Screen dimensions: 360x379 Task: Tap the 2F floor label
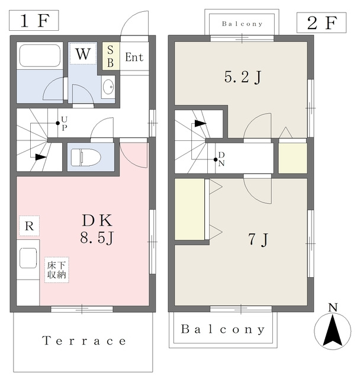(322, 23)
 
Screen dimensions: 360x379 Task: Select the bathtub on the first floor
(40, 55)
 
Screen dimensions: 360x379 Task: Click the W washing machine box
(83, 54)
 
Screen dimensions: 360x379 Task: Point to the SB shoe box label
(110, 56)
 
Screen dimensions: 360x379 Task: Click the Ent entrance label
(134, 57)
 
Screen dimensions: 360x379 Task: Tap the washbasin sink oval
(108, 86)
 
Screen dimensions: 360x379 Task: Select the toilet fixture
(86, 158)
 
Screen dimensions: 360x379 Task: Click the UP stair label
(65, 124)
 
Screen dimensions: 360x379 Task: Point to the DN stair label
(221, 159)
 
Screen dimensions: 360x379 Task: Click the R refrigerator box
(29, 226)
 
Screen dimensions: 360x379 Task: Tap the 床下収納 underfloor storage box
(57, 270)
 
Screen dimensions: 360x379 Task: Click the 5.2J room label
(243, 77)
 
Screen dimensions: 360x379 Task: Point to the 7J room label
(258, 239)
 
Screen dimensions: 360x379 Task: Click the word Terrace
(84, 341)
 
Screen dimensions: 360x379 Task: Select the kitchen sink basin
(28, 258)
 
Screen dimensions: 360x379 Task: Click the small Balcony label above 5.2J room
(242, 24)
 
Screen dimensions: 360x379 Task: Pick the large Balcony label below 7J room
(223, 329)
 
